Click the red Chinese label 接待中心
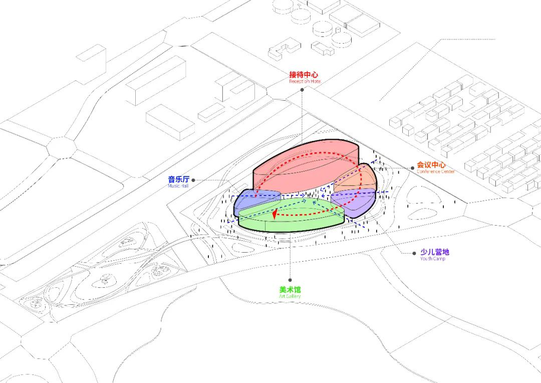coord(304,75)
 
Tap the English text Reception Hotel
coord(305,81)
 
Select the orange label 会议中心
coord(431,165)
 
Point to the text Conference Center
coord(435,171)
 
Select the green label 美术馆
coord(290,290)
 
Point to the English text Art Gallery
coord(290,296)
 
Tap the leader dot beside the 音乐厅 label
coord(193,180)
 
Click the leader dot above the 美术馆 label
coord(291,280)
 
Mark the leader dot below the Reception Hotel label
coord(303,90)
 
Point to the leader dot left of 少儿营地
coord(414,253)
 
